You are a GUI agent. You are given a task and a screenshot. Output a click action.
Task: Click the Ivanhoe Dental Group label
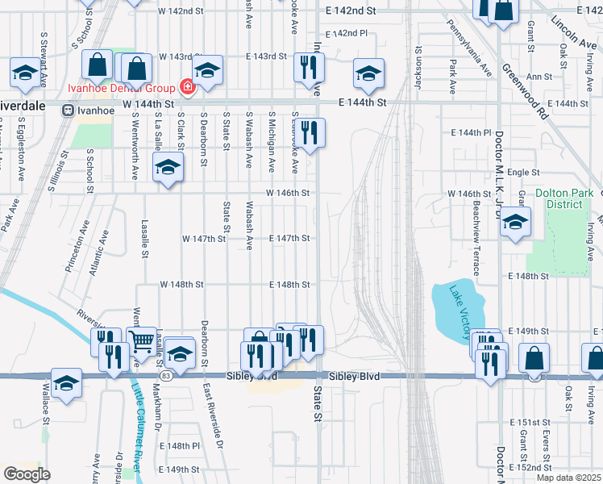132,86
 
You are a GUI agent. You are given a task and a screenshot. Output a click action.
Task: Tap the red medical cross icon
188,86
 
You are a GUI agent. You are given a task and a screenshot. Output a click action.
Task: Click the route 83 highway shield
164,376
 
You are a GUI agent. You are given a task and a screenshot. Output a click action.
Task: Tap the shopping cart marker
142,342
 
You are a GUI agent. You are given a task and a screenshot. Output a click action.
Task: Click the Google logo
27,474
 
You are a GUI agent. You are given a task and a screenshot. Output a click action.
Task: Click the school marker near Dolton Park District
515,222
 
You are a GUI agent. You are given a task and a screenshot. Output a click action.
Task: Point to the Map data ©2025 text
569,478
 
